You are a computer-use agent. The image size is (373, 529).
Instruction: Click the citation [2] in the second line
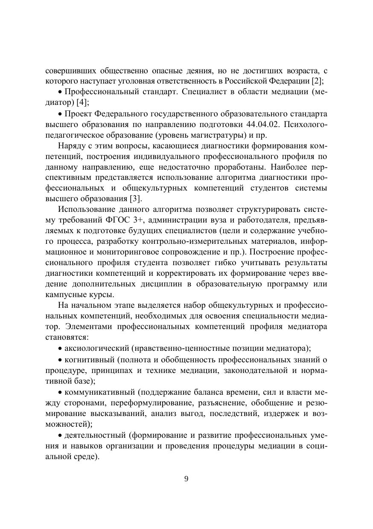(x=318, y=81)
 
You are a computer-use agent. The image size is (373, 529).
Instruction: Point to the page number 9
(x=186, y=479)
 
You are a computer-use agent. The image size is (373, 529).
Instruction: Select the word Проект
(x=78, y=114)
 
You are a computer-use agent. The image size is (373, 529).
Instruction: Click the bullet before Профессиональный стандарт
(x=61, y=92)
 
